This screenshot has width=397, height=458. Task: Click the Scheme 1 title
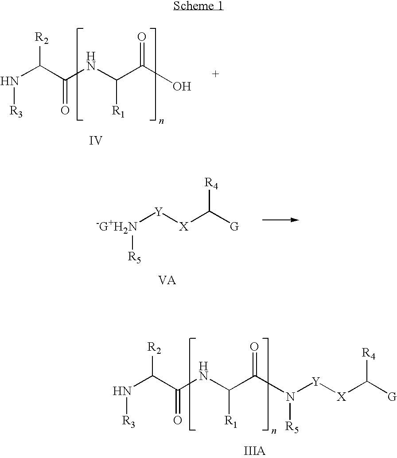(x=198, y=6)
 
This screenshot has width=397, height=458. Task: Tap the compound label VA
(x=167, y=281)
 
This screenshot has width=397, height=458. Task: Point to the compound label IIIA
(x=254, y=451)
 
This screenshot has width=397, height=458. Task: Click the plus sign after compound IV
(x=216, y=74)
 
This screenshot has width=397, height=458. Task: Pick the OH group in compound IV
(x=182, y=86)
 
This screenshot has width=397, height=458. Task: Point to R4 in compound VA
(x=211, y=182)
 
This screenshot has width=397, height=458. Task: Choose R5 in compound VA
(x=134, y=257)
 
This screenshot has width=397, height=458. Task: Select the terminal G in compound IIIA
(x=392, y=397)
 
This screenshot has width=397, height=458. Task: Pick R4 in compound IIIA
(x=369, y=353)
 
